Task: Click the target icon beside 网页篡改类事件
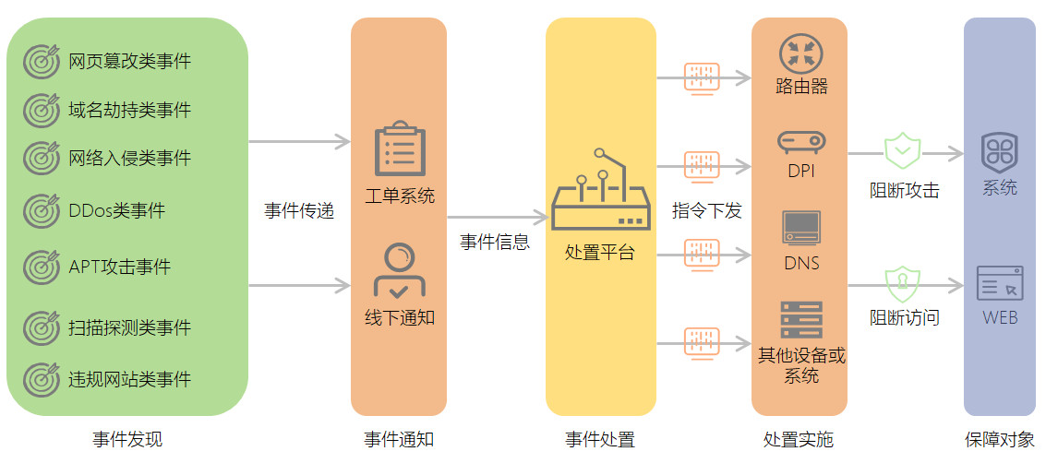pyautogui.click(x=40, y=62)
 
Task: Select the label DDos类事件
pyautogui.click(x=116, y=211)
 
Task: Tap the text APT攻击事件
pyautogui.click(x=119, y=267)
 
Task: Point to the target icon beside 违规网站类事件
pyautogui.click(x=40, y=379)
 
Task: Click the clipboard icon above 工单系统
pyautogui.click(x=400, y=148)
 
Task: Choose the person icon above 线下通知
pyautogui.click(x=399, y=269)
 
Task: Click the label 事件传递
pyautogui.click(x=299, y=211)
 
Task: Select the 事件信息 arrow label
pyautogui.click(x=495, y=243)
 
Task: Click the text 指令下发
pyautogui.click(x=706, y=211)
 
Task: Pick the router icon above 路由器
pyautogui.click(x=800, y=53)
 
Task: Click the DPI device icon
pyautogui.click(x=800, y=142)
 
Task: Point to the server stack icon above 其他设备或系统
pyautogui.click(x=800, y=320)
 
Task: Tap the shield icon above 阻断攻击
pyautogui.click(x=903, y=151)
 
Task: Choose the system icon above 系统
pyautogui.click(x=1000, y=150)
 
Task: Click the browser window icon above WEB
pyautogui.click(x=1000, y=283)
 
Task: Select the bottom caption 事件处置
pyautogui.click(x=600, y=440)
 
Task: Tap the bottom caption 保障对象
pyautogui.click(x=1000, y=440)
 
